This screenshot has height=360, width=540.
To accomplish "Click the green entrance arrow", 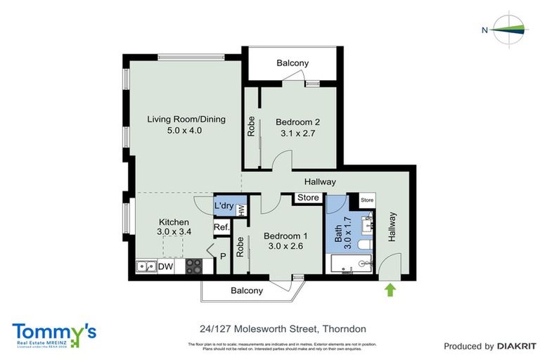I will (x=389, y=288).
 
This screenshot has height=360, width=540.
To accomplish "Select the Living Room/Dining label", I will (x=186, y=119).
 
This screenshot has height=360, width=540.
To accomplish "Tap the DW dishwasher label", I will (x=166, y=267).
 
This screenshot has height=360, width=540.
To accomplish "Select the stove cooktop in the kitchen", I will (x=193, y=266).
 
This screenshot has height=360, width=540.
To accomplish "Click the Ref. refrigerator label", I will (x=222, y=227).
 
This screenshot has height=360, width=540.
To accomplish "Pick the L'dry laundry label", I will (x=224, y=205).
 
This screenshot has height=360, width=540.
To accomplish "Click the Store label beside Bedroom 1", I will (x=308, y=198).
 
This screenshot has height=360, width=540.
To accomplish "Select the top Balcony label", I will (x=292, y=63).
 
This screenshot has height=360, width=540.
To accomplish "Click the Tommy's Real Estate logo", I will (x=53, y=333).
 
